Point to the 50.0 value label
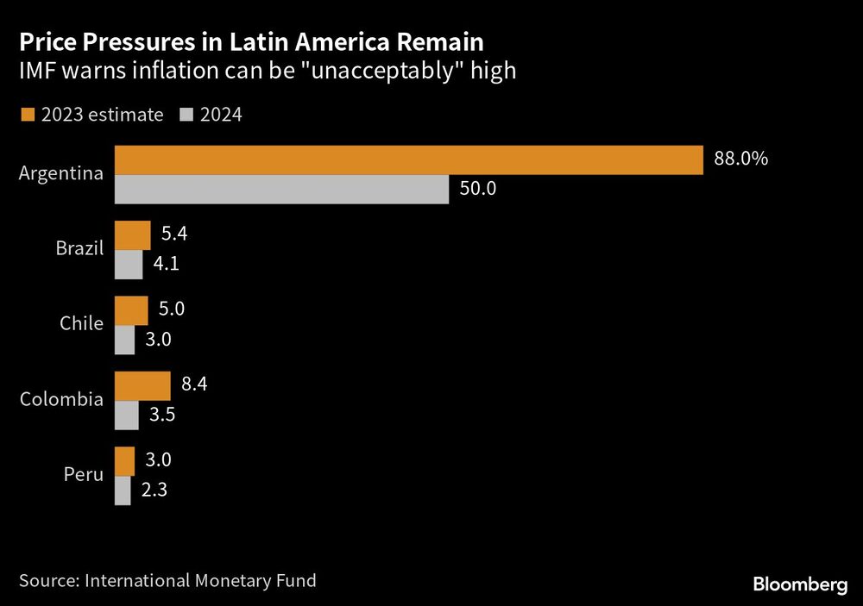[477, 189]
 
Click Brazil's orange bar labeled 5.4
[133, 235]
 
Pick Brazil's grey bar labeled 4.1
[129, 265]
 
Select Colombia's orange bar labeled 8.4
[142, 385]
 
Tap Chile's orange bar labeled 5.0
[131, 310]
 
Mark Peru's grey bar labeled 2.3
[123, 490]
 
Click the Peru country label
[83, 475]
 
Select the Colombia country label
[61, 400]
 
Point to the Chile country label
[81, 325]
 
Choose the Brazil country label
[79, 250]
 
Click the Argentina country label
[61, 174]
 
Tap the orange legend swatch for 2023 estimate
[26, 115]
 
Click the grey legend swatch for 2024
[186, 115]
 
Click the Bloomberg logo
[800, 584]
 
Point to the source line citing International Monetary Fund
[167, 581]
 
